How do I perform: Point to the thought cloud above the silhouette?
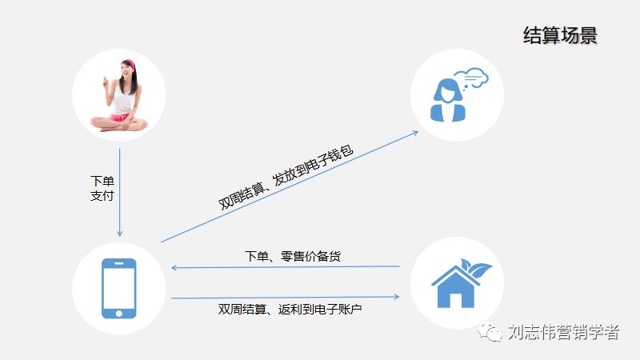coord(474,77)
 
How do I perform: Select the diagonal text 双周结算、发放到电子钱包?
coord(286,178)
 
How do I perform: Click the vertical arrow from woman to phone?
coord(120,192)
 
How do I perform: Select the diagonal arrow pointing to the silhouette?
coord(288,186)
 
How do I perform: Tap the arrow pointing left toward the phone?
coord(286,267)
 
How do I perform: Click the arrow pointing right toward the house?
coord(286,298)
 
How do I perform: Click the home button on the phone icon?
coord(118,311)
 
